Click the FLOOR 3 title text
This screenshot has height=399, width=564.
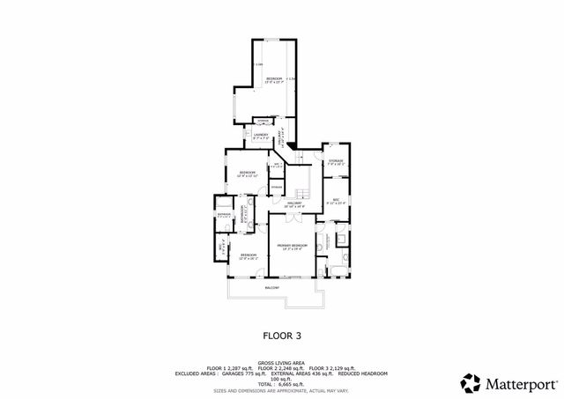pyautogui.click(x=282, y=335)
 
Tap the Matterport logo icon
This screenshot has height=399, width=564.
pyautogui.click(x=471, y=382)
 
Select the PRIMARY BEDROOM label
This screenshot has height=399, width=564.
pyautogui.click(x=293, y=247)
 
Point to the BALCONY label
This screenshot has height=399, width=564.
pyautogui.click(x=272, y=288)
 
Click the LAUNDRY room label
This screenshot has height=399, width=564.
pyautogui.click(x=261, y=137)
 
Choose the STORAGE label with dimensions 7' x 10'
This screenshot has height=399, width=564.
pyautogui.click(x=336, y=163)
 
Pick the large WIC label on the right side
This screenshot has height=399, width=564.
pyautogui.click(x=336, y=202)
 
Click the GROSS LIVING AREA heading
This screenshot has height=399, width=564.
pyautogui.click(x=282, y=362)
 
